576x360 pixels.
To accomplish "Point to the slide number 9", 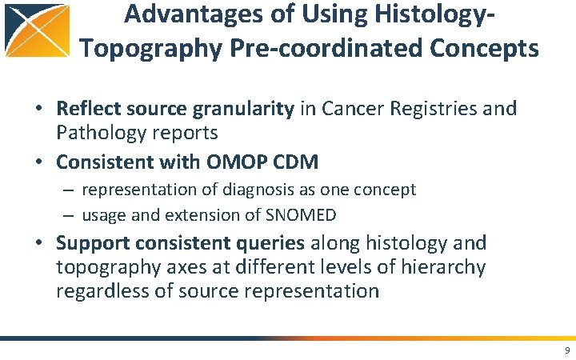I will [566, 350].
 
